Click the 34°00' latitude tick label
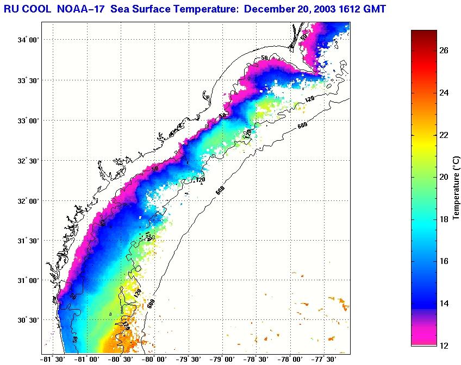28,40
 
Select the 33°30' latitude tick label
28,80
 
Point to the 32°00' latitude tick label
28,201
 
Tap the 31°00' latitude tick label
28,281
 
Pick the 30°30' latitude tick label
28,320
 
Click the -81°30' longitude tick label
53,359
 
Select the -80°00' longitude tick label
154,359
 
